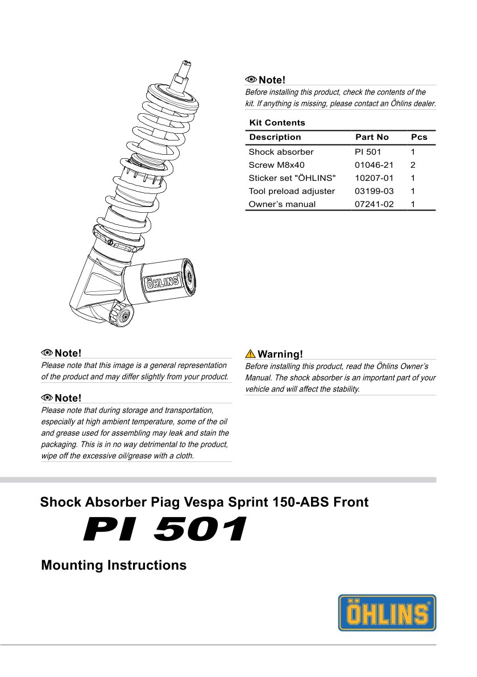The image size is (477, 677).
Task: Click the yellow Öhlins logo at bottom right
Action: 387,613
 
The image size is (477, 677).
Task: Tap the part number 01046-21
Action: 374,165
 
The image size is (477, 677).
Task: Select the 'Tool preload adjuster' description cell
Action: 292,191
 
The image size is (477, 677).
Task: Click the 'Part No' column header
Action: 372,137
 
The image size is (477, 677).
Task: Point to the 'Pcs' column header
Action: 419,137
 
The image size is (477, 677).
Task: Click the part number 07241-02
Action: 374,204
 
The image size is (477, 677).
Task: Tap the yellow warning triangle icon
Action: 250,353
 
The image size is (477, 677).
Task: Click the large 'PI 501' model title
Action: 165,529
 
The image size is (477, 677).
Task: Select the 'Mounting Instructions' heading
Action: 114,565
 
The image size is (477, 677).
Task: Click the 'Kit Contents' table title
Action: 277,122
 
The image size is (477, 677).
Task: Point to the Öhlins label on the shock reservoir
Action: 160,281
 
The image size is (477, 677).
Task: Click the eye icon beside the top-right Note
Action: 251,80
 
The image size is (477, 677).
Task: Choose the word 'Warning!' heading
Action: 280,354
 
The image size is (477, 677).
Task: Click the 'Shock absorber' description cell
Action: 281,152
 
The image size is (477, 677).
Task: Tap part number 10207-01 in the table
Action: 374,178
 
